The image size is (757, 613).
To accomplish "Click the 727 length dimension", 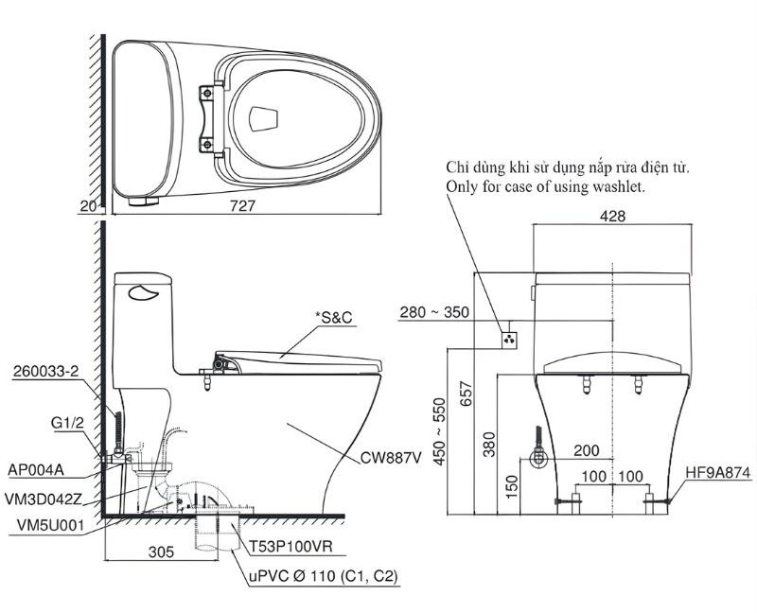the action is click(242, 206).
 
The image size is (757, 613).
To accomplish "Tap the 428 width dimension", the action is click(612, 217).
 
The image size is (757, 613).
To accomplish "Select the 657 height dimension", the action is click(466, 394).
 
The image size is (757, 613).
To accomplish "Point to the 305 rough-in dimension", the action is click(161, 552).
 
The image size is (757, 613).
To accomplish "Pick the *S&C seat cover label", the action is click(334, 318).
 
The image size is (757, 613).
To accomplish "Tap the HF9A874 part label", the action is click(718, 473).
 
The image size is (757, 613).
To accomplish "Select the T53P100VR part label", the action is click(290, 547).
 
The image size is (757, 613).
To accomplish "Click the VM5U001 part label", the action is click(50, 525).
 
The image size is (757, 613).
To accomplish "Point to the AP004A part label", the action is click(36, 469).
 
